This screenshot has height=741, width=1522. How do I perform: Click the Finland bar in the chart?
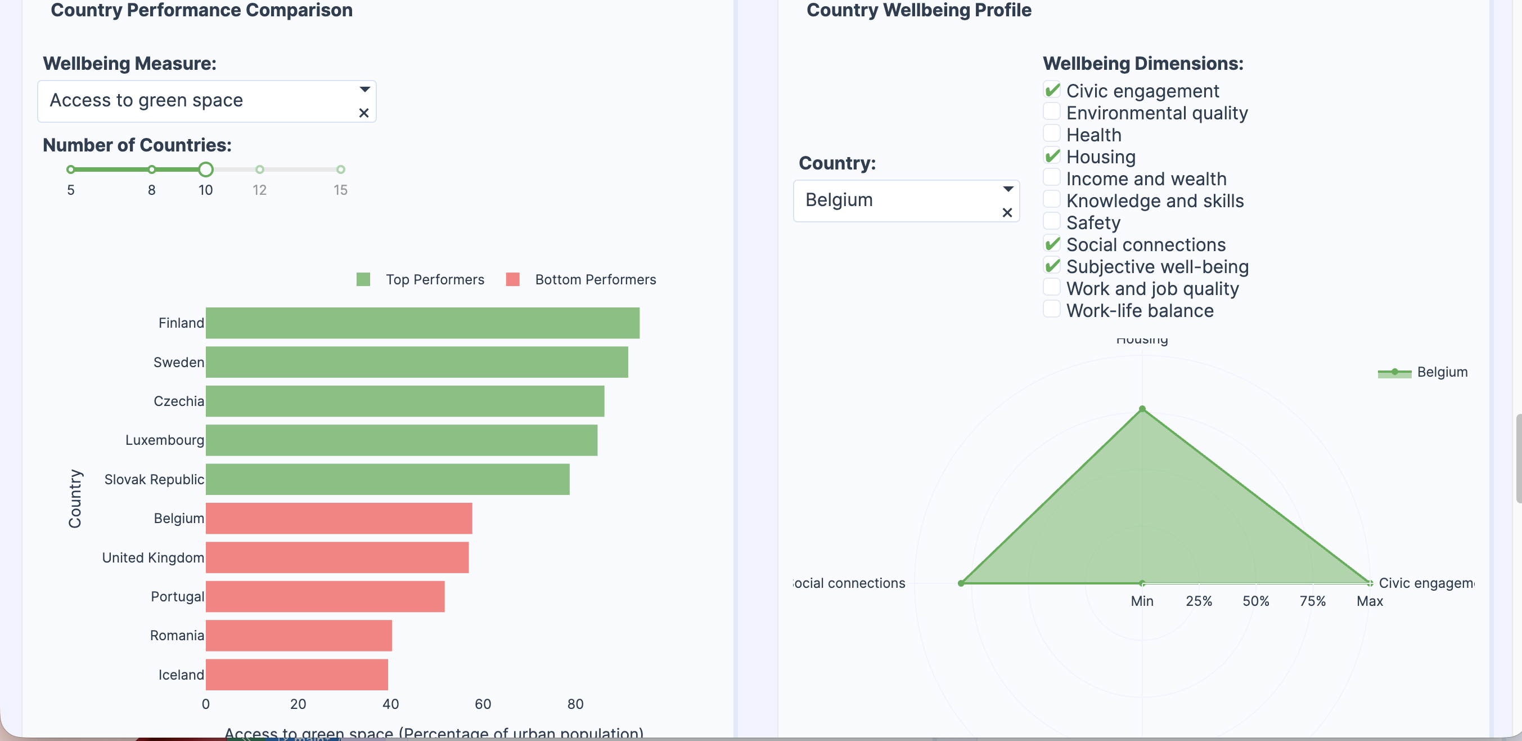[422, 323]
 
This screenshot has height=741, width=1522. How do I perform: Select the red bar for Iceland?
[296, 674]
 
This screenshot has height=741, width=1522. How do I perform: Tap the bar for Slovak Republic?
[387, 479]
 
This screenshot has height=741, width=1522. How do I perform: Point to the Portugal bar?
[325, 596]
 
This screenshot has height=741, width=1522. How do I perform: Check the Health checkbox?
[1051, 133]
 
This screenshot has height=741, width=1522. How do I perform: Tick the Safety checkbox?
[1051, 221]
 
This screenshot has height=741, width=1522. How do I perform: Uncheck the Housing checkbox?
[1051, 155]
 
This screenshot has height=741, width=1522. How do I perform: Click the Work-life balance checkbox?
[1051, 309]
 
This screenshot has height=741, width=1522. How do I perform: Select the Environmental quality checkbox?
[1051, 112]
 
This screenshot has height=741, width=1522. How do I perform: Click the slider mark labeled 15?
[340, 169]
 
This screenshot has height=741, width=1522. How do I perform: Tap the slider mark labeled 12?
[259, 169]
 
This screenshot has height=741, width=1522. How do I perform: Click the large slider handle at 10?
[205, 169]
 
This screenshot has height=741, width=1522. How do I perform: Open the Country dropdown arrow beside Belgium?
[1008, 189]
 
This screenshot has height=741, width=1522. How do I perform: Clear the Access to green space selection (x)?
[364, 113]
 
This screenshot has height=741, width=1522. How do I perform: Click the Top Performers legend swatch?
[363, 280]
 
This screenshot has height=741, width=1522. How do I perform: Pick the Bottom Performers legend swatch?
[513, 280]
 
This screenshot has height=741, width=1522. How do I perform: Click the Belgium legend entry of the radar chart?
[1441, 372]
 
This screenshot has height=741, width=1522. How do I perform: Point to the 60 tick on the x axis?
[483, 704]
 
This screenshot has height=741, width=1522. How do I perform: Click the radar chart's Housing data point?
[1142, 409]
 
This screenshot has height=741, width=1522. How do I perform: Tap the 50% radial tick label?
[1255, 601]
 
